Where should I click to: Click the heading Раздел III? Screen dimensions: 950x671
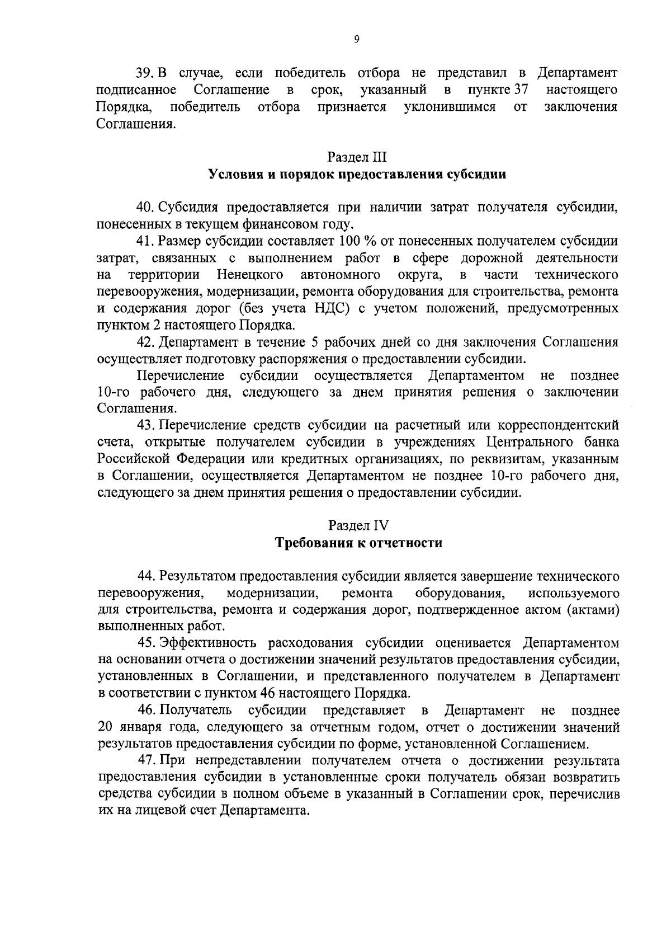point(357,157)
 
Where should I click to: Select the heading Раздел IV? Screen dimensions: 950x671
point(358,525)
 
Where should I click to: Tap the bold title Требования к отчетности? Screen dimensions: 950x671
point(358,543)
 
